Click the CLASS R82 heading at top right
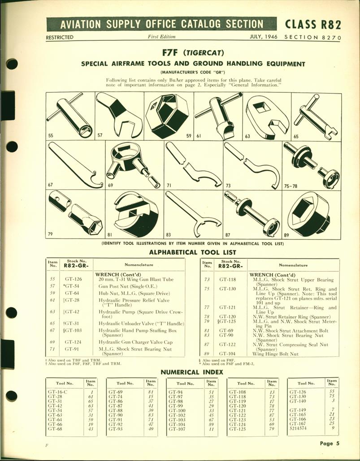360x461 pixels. coord(312,24)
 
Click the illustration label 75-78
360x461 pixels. coord(292,185)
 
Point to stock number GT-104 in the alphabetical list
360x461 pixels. coord(228,354)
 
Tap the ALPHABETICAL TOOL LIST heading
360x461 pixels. coord(193,252)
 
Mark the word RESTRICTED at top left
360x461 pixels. coord(59,37)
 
